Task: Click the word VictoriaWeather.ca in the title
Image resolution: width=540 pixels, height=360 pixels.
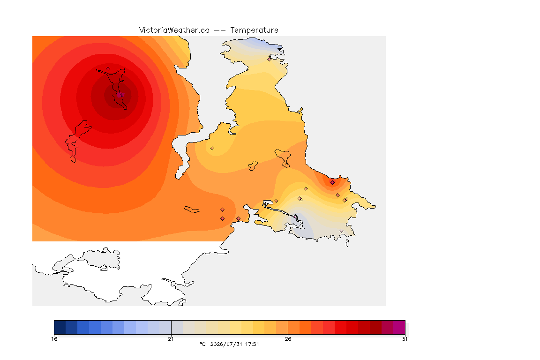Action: coord(174,30)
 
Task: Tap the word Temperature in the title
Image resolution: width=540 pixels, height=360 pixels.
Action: coord(254,30)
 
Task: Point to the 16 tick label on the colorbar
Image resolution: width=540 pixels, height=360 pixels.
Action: coord(54,339)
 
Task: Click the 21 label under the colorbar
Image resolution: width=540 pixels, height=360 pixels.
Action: coord(171,339)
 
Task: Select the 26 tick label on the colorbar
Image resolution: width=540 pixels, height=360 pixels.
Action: coord(288,339)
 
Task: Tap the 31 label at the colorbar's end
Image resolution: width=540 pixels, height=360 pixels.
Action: coord(405,339)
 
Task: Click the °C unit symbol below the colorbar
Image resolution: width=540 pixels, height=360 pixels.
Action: coord(202,344)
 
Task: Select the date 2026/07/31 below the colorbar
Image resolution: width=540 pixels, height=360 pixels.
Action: coord(226,344)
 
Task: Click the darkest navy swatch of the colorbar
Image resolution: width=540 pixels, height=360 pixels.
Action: coord(60,327)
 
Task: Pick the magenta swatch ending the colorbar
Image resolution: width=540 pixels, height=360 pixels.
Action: coord(399,327)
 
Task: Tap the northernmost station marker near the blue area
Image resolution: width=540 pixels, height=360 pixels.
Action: coord(270,59)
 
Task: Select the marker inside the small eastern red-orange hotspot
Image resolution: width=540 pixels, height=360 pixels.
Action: coord(332,183)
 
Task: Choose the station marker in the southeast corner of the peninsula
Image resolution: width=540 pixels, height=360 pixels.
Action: coord(341,231)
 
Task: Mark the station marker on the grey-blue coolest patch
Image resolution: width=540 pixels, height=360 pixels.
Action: coord(295,217)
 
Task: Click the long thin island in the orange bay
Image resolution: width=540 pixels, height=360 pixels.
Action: coord(192,210)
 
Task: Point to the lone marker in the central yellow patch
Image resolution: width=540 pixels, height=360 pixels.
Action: coord(212,149)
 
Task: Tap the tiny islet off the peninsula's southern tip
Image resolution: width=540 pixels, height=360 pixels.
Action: coord(347,243)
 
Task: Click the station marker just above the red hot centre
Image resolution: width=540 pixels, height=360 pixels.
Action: coord(108,69)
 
